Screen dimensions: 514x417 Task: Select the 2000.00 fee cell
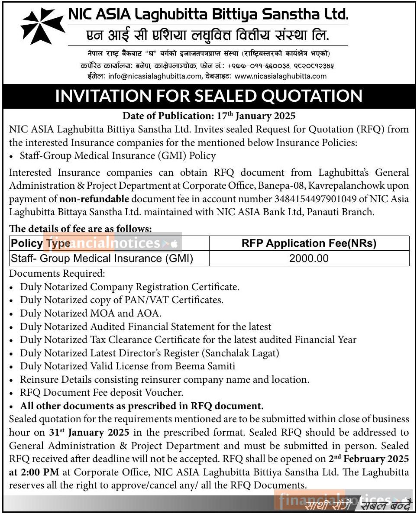309,259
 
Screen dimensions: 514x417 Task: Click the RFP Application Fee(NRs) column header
309,243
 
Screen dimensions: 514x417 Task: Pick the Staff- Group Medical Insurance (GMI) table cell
102,259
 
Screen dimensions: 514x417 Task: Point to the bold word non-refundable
94,199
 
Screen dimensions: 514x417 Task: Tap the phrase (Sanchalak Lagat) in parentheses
243,352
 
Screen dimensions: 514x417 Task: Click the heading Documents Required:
57,273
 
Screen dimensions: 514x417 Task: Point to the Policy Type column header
41,243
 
